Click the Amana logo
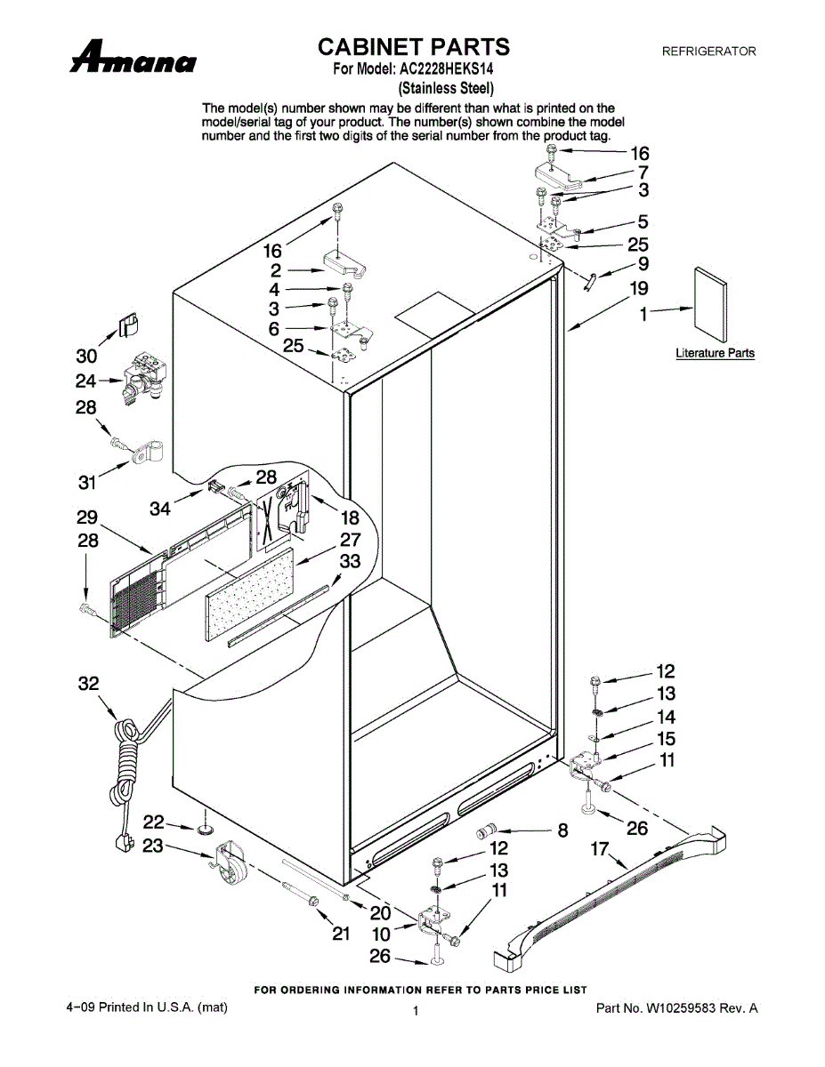pos(133,60)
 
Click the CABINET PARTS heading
pos(414,47)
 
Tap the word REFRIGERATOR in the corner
pos(708,52)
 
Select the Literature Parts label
pos(715,354)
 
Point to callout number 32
pos(88,684)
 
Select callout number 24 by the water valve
pos(85,381)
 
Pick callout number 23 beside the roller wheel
pos(153,846)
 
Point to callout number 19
pos(639,288)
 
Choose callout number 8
pos(562,831)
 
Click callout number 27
pos(350,540)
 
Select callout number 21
pos(341,934)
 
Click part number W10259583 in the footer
pos(676,1008)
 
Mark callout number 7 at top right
pos(643,172)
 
